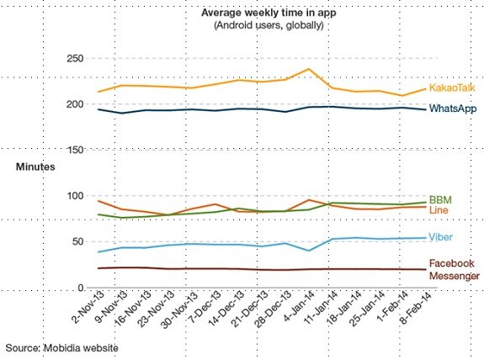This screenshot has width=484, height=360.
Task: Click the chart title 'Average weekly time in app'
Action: [262, 13]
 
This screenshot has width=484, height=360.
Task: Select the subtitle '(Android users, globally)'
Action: [262, 25]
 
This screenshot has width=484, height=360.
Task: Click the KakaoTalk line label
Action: [454, 87]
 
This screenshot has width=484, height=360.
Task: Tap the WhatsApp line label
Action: [454, 109]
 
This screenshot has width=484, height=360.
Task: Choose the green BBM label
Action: [440, 199]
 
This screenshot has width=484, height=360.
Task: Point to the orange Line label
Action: [439, 209]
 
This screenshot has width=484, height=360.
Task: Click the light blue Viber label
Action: [442, 237]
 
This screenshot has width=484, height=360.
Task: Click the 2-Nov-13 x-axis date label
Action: [87, 311]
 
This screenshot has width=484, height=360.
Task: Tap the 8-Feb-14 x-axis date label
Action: [412, 311]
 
